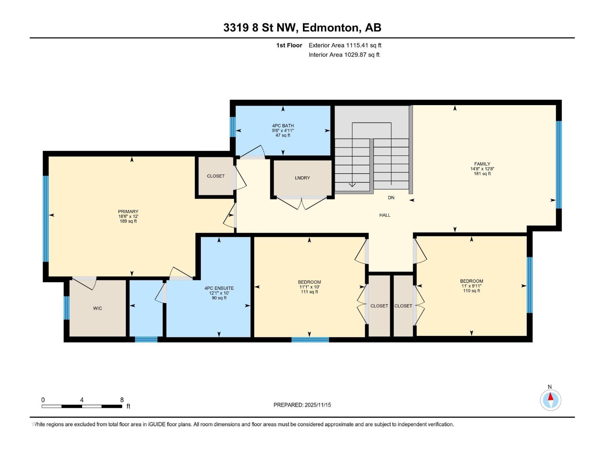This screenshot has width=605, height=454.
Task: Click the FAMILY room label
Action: pos(482,164)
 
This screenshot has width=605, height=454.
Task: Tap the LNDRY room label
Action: pos(302,178)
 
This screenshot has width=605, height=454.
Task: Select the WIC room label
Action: pos(98,308)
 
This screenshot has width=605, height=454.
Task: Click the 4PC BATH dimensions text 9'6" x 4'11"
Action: pos(283,131)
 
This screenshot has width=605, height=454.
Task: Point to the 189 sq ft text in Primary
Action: pos(128,221)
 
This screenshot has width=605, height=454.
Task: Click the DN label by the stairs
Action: pos(391,197)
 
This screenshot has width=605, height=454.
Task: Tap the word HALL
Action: pos(385,215)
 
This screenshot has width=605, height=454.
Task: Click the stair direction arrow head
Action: pos(352,185)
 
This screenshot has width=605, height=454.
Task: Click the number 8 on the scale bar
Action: pos(122,400)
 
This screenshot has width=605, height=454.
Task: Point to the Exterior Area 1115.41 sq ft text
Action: pos(345,45)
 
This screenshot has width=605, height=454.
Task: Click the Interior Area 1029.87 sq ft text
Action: pos(344,55)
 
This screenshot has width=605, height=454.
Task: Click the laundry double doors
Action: pos(302,203)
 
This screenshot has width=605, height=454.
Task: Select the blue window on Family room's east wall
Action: pos(558,165)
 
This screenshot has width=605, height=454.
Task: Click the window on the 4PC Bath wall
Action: pos(233,127)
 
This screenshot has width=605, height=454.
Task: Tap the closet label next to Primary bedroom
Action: pos(216,176)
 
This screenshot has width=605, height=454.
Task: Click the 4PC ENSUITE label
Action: pos(219,288)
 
